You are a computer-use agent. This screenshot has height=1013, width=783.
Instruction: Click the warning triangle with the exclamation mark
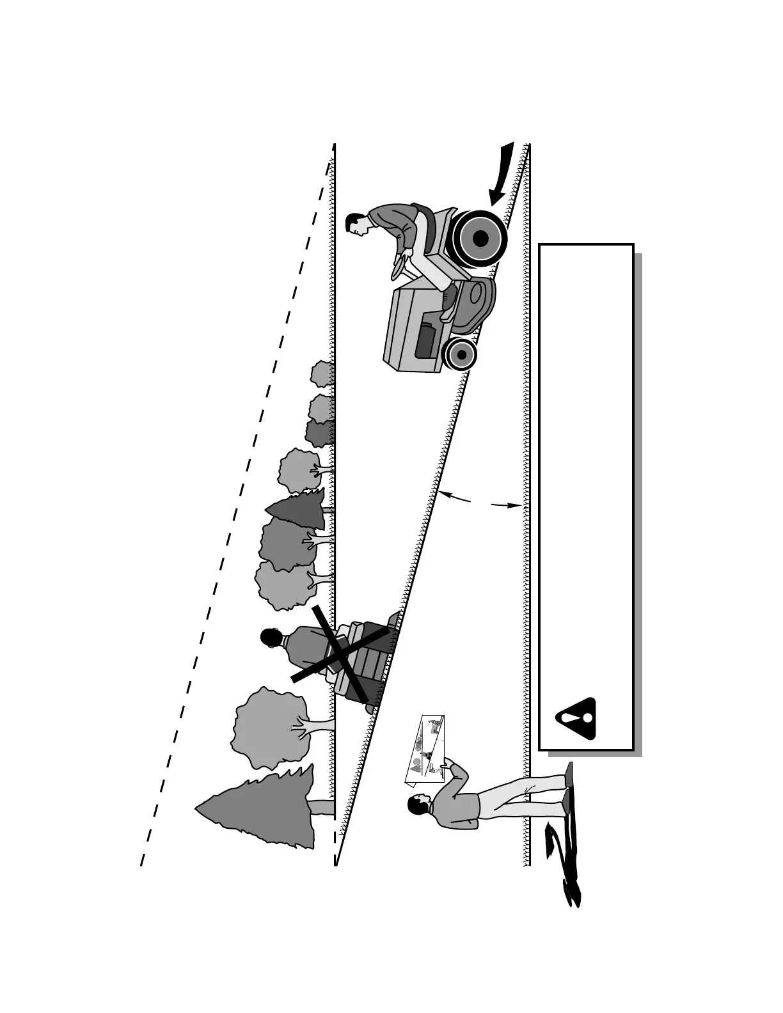coord(576,719)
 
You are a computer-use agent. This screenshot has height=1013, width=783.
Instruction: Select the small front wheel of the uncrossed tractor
coord(461,354)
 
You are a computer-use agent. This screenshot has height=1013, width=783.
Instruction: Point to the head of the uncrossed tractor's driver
coord(356,223)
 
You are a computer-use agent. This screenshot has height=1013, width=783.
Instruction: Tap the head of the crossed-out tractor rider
coord(271,638)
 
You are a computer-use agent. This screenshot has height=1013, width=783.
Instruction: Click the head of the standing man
coord(418,805)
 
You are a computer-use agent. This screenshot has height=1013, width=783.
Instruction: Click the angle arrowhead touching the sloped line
coord(443,493)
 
